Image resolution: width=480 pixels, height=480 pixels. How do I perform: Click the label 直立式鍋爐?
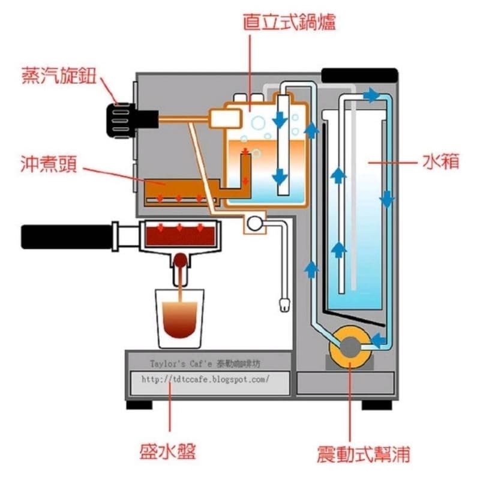[x=289, y=22]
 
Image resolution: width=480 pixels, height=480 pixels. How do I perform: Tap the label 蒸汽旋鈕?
[x=59, y=76]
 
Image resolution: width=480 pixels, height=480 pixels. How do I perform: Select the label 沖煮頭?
[x=49, y=164]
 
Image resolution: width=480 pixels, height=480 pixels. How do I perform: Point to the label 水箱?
[x=441, y=161]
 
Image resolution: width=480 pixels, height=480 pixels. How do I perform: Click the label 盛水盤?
[x=167, y=451]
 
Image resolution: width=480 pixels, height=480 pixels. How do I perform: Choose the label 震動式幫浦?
[x=364, y=454]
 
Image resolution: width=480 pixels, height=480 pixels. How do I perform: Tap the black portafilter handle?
[x=67, y=237]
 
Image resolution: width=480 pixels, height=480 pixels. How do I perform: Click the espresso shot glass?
[x=179, y=319]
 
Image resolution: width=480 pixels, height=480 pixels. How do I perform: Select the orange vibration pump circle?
[x=350, y=347]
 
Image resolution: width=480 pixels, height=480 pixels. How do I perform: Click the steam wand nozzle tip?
[x=284, y=305]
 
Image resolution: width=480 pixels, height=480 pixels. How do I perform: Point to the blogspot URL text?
[x=205, y=379]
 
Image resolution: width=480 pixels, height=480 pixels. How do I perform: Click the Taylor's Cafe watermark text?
[x=205, y=364]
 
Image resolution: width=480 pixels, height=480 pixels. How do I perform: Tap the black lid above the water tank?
[x=359, y=76]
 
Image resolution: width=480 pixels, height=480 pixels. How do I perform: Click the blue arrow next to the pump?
[x=378, y=340]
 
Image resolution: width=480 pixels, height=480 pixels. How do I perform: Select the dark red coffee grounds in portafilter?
[x=180, y=236]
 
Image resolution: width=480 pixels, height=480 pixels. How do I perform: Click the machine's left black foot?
[x=139, y=404]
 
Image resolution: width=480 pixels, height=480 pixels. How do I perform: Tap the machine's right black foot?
[x=377, y=404]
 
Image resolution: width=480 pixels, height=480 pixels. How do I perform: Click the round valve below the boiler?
[x=254, y=223]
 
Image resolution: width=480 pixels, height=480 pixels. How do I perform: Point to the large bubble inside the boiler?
[x=258, y=123]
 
